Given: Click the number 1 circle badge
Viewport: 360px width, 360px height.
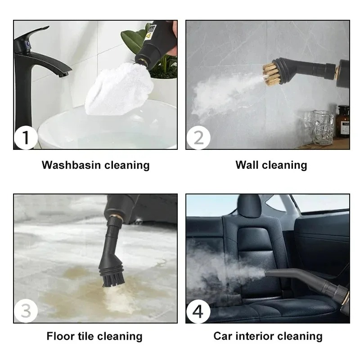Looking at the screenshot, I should (x=25, y=138).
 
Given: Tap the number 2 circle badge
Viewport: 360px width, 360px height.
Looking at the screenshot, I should (x=198, y=138).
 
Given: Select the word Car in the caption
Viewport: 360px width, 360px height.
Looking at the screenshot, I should (x=224, y=336).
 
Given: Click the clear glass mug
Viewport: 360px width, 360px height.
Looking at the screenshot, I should (x=323, y=127).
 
